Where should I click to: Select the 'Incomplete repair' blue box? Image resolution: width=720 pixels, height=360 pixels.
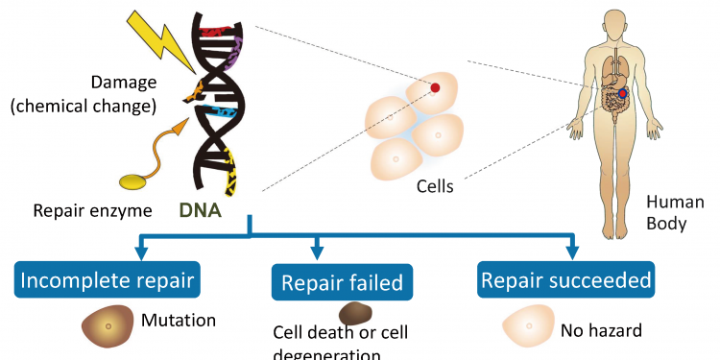tap(109, 281)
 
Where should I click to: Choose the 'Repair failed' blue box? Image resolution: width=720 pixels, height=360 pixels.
tap(342, 282)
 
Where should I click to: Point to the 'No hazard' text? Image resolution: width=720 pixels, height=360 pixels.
tap(602, 332)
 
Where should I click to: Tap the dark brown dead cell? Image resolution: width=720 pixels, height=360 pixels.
tap(355, 314)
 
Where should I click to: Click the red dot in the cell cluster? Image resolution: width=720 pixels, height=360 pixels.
tap(435, 88)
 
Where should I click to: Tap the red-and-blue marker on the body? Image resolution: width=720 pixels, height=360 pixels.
tap(625, 93)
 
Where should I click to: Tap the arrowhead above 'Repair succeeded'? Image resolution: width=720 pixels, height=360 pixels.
tap(572, 254)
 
